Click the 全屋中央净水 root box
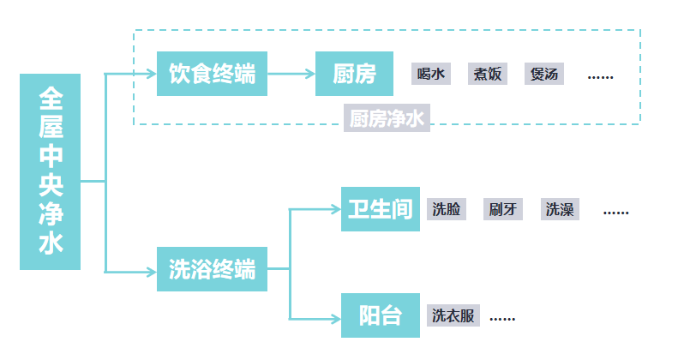point(50,171)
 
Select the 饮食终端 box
point(212,74)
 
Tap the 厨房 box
point(355,74)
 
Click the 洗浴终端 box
point(212,269)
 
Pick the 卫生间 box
point(381,209)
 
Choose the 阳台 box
point(381,315)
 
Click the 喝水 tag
point(431,74)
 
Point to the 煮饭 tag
point(488,74)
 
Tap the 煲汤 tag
point(544,74)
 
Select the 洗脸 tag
point(447,209)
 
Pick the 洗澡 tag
point(560,209)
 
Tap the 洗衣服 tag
point(453,315)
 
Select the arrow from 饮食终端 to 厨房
point(291,74)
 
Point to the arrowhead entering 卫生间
point(335,208)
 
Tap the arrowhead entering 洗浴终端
point(152,272)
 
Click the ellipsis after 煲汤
point(600,75)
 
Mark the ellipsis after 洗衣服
point(502,318)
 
